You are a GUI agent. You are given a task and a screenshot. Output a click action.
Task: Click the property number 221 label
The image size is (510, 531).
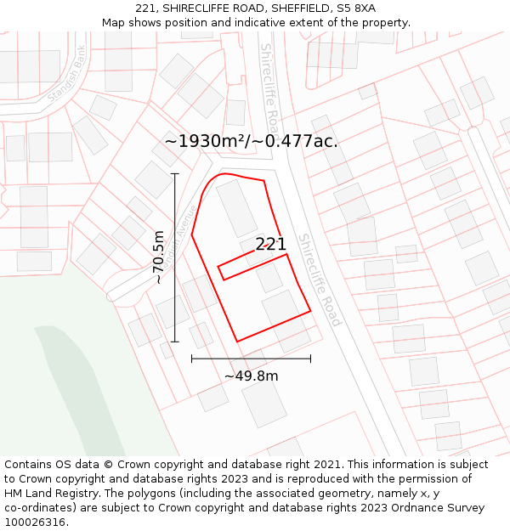coord(270,244)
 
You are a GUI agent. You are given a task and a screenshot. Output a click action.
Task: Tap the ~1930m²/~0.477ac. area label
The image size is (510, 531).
coord(251,141)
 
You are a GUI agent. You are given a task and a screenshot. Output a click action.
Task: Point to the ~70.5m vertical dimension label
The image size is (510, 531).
coord(158,257)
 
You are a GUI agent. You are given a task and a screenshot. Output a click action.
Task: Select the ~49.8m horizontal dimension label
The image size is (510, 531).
coord(251,376)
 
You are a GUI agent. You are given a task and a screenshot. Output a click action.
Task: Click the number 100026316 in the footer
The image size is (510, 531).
coord(35,522)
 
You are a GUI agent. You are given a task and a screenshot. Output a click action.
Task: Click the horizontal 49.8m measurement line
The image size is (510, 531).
coord(251,359)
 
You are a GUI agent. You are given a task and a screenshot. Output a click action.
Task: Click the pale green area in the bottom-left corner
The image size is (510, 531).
coord(51,382)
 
